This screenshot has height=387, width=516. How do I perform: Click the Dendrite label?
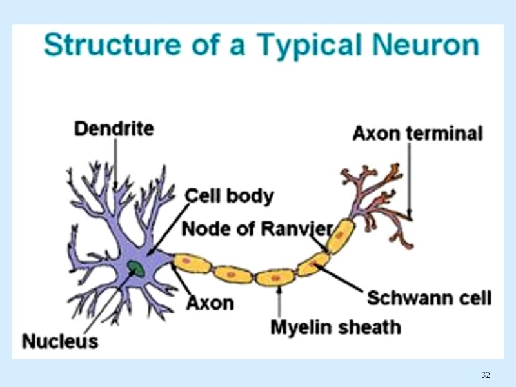pos(114,129)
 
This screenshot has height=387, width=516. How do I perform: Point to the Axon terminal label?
pos(417,134)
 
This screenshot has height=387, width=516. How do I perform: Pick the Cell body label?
pos(229,195)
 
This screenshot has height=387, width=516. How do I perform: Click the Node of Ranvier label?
pos(257,228)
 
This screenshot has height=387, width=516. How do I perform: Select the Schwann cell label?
pos(429,297)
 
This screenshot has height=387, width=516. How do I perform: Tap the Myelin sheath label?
pos(335,327)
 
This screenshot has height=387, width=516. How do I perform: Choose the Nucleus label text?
pos(60,341)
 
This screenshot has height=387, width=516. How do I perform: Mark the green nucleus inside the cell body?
pos(136,266)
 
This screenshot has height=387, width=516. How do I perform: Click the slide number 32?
pos(486,375)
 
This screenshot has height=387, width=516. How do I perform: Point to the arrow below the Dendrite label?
pos(115,164)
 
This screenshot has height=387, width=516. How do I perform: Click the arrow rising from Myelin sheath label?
pos(279,300)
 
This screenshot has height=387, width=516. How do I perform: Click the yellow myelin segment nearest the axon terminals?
pos(340,235)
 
